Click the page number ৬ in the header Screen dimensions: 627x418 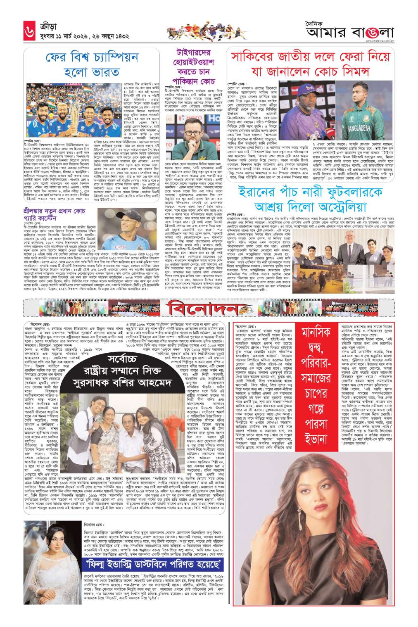click(x=12, y=30)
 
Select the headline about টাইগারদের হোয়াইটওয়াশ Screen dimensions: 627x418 click(x=197, y=69)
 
